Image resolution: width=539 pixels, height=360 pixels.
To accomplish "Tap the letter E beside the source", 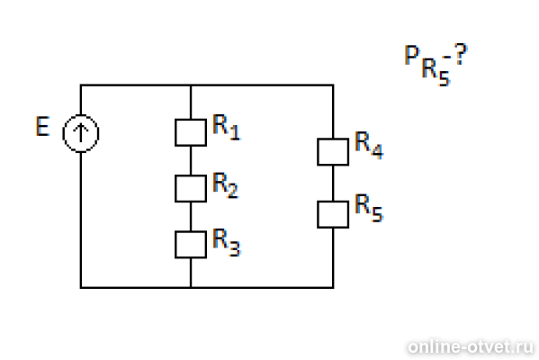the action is [x=42, y=127].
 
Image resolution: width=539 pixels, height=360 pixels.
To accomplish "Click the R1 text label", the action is [x=226, y=127].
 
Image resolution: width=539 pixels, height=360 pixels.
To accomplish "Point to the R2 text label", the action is [x=226, y=185].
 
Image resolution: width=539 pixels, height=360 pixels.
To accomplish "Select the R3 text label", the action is [x=226, y=242].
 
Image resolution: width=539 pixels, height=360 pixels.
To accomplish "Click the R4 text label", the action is [x=369, y=145].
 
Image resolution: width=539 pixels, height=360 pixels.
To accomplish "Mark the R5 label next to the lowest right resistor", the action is [x=369, y=207].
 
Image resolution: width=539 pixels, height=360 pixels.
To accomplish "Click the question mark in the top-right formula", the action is [x=461, y=54].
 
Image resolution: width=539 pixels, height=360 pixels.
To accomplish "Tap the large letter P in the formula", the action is [x=411, y=55].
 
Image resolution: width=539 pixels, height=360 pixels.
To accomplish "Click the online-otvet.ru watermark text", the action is [x=471, y=346].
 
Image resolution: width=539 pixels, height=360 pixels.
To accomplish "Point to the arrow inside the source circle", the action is [x=81, y=132].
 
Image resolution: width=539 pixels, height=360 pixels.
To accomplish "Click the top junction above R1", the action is [x=191, y=85].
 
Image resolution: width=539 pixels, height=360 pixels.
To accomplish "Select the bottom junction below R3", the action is [x=191, y=287].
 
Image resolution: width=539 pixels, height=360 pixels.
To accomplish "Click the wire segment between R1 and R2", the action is [x=191, y=161].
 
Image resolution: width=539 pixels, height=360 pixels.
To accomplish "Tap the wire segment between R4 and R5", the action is [x=333, y=184].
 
